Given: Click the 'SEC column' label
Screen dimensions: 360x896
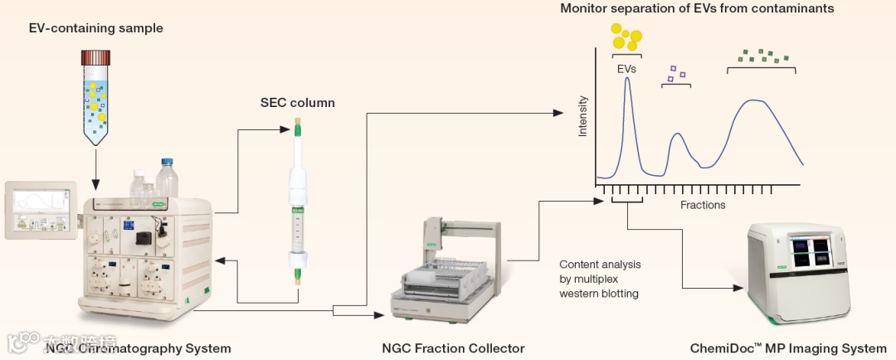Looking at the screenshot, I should tap(297, 103).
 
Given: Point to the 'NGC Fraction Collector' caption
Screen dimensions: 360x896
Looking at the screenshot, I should tap(453, 348).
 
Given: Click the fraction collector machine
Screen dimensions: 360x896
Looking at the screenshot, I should tap(444, 270).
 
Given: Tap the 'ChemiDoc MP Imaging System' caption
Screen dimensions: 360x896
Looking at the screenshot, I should tap(788, 348).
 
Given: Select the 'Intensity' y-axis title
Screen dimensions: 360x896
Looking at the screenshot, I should tap(582, 116).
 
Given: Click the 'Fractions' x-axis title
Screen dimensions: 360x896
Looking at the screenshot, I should tap(703, 205).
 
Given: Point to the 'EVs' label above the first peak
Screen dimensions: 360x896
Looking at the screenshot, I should tap(626, 70).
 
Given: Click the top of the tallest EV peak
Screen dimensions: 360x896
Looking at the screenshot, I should tap(627, 79).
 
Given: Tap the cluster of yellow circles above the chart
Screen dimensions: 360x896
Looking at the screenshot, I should tap(626, 36).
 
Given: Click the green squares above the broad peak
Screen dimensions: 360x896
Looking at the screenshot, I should tap(761, 56).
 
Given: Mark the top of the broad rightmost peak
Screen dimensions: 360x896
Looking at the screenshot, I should tap(753, 100).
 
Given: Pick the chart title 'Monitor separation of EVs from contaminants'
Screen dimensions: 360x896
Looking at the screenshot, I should tap(697, 9).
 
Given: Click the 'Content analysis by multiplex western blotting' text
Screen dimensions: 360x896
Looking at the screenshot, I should tap(600, 279).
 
